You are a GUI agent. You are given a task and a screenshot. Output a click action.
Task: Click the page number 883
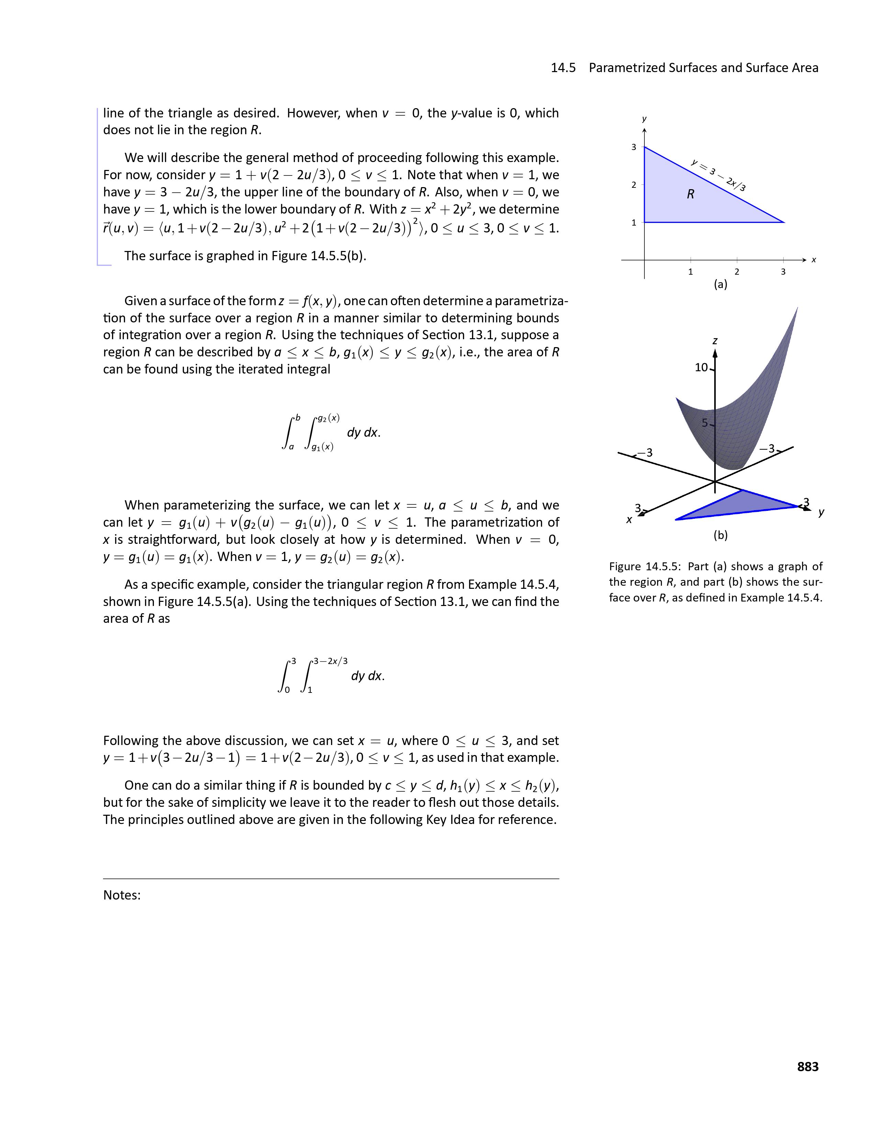point(808,1067)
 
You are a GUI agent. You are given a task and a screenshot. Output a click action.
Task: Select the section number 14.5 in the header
point(563,68)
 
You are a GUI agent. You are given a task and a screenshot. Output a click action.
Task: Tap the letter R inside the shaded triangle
point(690,194)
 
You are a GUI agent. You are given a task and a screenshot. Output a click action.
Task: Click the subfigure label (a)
point(720,284)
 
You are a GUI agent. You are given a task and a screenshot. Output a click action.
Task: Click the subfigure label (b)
point(720,535)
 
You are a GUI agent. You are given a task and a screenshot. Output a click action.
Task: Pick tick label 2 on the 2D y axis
point(634,185)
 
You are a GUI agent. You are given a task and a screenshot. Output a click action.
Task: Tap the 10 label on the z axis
point(701,367)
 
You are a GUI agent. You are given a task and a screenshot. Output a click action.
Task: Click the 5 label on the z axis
point(705,423)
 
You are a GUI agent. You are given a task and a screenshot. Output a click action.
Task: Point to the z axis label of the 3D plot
point(715,341)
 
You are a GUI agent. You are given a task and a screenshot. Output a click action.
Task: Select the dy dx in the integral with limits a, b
point(363,433)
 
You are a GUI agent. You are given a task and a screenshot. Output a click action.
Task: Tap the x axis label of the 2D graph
point(814,260)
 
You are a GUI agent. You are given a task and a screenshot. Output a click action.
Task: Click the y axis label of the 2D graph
point(644,119)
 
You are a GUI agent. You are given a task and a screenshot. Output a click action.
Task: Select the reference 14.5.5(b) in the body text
point(338,256)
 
